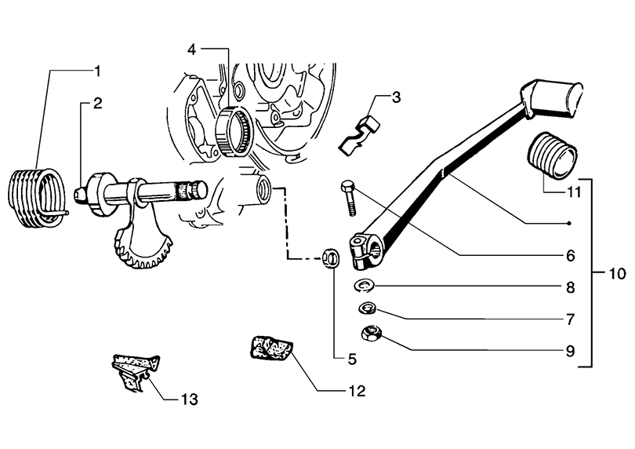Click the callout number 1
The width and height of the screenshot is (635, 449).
click(x=98, y=71)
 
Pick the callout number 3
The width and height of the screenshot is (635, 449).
click(x=396, y=97)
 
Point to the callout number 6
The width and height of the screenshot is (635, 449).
click(x=571, y=256)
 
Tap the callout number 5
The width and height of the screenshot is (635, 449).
click(x=352, y=360)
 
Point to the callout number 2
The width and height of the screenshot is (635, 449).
click(x=98, y=102)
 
